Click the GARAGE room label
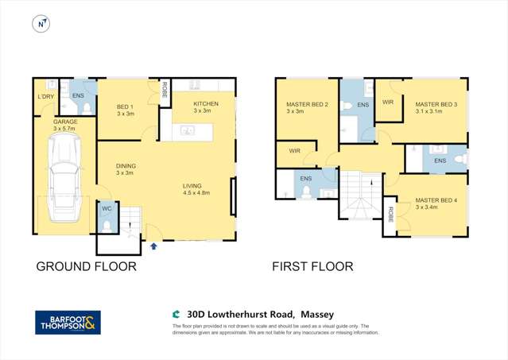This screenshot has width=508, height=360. pos(65,122)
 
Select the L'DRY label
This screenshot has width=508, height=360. pos(45,97)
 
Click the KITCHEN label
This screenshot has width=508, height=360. pos(205,104)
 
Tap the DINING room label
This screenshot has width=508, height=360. pos(126,166)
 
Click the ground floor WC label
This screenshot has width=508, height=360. pos(107,208)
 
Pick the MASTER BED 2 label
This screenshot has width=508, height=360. pos(307,105)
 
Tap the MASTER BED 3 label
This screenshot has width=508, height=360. pos(434,105)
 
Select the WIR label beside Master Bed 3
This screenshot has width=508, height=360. pos(388,103)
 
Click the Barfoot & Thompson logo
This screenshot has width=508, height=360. pos(68,322)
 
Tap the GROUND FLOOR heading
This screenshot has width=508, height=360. pos(86,267)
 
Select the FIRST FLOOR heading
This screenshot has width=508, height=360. pos(312,267)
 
